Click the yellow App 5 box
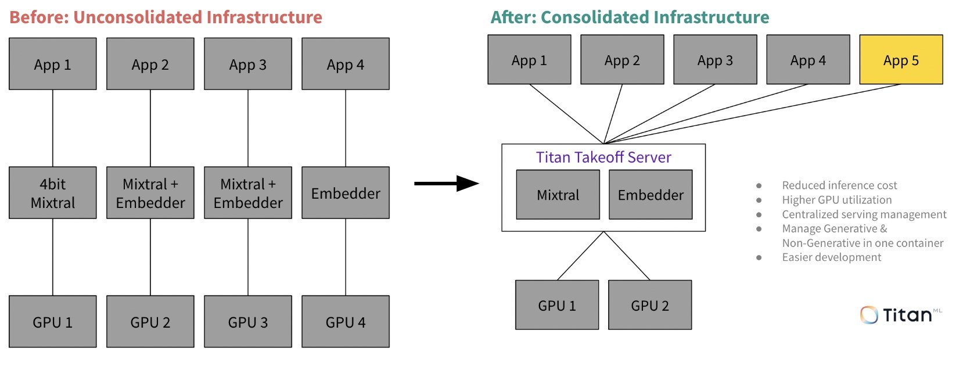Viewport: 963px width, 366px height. [x=901, y=60]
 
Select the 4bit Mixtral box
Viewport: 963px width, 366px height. [x=53, y=193]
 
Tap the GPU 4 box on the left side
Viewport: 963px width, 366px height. [x=346, y=321]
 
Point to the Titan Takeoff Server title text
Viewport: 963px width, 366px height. [x=603, y=157]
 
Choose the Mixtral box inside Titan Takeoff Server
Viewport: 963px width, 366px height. [x=558, y=195]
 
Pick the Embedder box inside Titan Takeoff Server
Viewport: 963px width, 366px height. [x=651, y=195]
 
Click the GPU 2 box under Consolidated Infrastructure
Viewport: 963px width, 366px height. [x=650, y=305]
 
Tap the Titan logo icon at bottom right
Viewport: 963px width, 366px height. [x=869, y=315]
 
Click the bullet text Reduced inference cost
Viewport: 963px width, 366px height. [x=839, y=185]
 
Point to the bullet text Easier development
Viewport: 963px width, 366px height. [x=831, y=257]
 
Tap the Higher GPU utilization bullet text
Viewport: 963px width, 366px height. [x=836, y=200]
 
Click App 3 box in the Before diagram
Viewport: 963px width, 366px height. [x=248, y=64]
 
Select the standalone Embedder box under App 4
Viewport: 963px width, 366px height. [x=346, y=193]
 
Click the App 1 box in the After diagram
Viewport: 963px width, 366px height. [x=529, y=60]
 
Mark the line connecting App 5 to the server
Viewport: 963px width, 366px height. [x=755, y=113]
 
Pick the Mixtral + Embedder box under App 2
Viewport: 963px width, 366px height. [x=150, y=193]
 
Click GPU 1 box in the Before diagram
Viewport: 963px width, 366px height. [x=53, y=321]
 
